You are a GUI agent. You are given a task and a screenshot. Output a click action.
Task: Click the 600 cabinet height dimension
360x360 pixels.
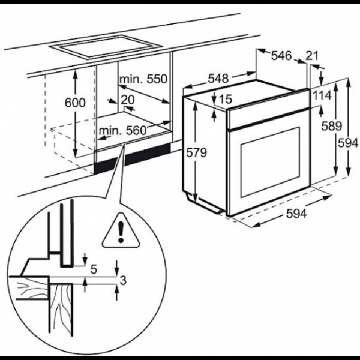coord(75,103)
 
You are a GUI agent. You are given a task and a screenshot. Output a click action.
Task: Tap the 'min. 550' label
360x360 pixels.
coord(143,79)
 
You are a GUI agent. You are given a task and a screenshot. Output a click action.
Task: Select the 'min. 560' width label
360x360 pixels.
coord(122,131)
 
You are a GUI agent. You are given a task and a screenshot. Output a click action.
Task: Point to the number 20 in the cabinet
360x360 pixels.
coord(128,100)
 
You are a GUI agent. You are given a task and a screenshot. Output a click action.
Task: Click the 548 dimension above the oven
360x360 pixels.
coord(218,79)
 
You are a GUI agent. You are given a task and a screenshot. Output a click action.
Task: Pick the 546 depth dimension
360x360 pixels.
coord(281,56)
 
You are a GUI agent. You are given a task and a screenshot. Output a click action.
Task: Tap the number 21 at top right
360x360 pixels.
coord(312,56)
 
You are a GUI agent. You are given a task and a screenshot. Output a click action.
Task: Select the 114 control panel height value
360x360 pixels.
coord(322,95)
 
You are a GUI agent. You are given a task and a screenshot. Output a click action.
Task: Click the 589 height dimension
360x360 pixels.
coord(332,126)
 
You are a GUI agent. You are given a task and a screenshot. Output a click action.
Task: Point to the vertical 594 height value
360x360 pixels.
coord(348,143)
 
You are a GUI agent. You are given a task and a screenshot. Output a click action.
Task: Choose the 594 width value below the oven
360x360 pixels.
coord(296,214)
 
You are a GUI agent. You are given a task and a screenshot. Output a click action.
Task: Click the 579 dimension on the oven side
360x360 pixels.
coord(196,152)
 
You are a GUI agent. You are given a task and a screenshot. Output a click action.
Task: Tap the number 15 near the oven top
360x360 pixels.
coord(226,99)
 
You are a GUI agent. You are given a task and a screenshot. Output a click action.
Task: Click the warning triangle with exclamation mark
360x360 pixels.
coord(121,231)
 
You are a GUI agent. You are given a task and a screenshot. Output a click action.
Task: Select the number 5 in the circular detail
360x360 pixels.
coord(94,269)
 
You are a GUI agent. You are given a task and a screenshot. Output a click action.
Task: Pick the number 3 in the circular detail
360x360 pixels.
coord(123,280)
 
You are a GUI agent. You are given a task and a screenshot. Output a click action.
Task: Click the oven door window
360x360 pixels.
coord(270,161)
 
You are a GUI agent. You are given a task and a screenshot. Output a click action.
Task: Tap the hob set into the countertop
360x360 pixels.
coord(106,47)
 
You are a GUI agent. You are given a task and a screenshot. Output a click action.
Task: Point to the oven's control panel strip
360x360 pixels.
coord(268,110)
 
